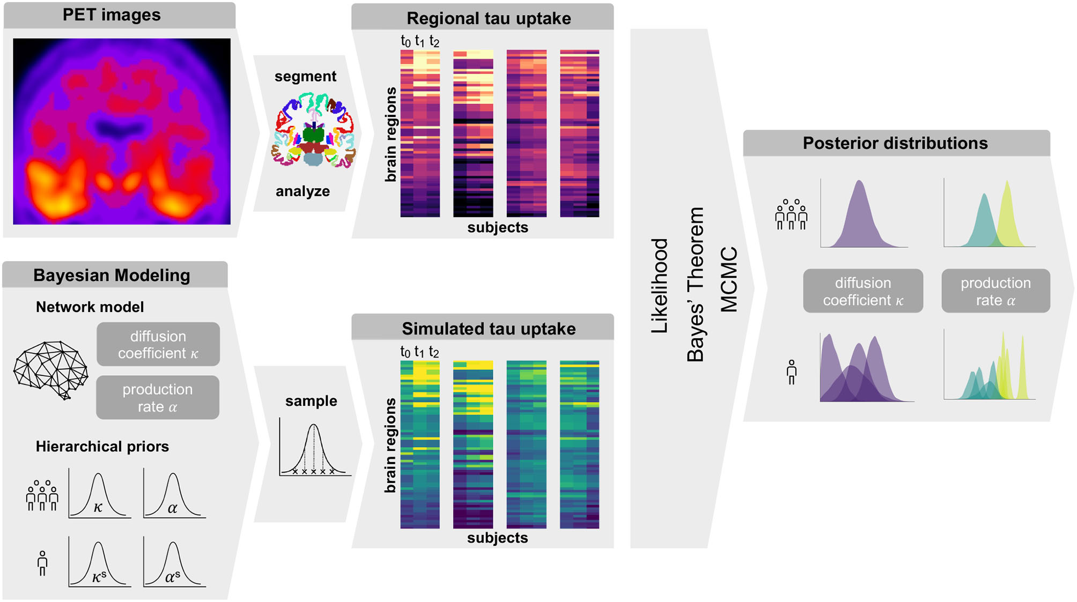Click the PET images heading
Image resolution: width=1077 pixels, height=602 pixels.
tap(112, 15)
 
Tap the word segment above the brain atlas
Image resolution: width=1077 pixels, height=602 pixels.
tap(305, 77)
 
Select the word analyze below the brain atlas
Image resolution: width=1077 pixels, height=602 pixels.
tap(303, 191)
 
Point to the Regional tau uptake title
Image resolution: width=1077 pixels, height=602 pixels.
tap(488, 18)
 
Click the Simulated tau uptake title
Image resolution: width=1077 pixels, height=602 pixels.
tap(488, 329)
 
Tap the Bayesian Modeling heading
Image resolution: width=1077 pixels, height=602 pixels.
tap(112, 275)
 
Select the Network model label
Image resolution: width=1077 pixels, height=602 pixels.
tap(90, 307)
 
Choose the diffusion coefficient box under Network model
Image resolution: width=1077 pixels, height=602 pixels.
tap(158, 344)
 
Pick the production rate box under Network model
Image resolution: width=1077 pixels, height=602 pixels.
tap(158, 398)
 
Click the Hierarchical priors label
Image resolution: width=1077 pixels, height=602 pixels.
tap(102, 447)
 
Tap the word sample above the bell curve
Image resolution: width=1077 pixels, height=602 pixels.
tap(311, 401)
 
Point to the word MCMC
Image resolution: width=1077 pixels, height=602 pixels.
tap(729, 279)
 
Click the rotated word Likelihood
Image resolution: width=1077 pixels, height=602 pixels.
tap(659, 286)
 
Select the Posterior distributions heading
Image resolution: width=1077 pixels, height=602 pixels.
tap(895, 143)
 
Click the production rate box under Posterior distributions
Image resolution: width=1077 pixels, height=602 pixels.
tap(995, 291)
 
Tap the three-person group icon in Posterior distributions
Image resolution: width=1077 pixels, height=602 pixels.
tap(791, 214)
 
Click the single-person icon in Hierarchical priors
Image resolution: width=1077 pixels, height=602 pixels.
tap(42, 563)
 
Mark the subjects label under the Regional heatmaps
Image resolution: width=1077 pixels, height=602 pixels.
tap(497, 227)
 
